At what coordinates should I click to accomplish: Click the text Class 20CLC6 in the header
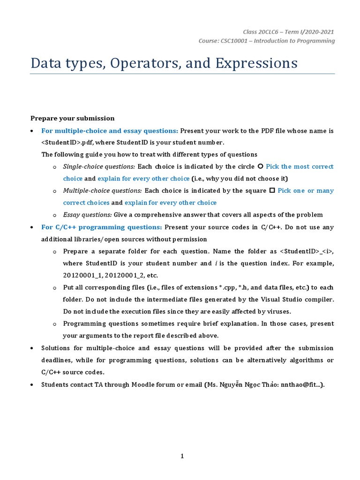pyautogui.click(x=259, y=32)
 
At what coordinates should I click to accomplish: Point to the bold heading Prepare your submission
pyautogui.click(x=72, y=118)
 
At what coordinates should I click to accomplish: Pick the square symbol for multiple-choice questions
pyautogui.click(x=272, y=191)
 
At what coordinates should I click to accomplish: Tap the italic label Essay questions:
pyautogui.click(x=87, y=215)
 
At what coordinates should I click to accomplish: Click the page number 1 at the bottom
pyautogui.click(x=182, y=457)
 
